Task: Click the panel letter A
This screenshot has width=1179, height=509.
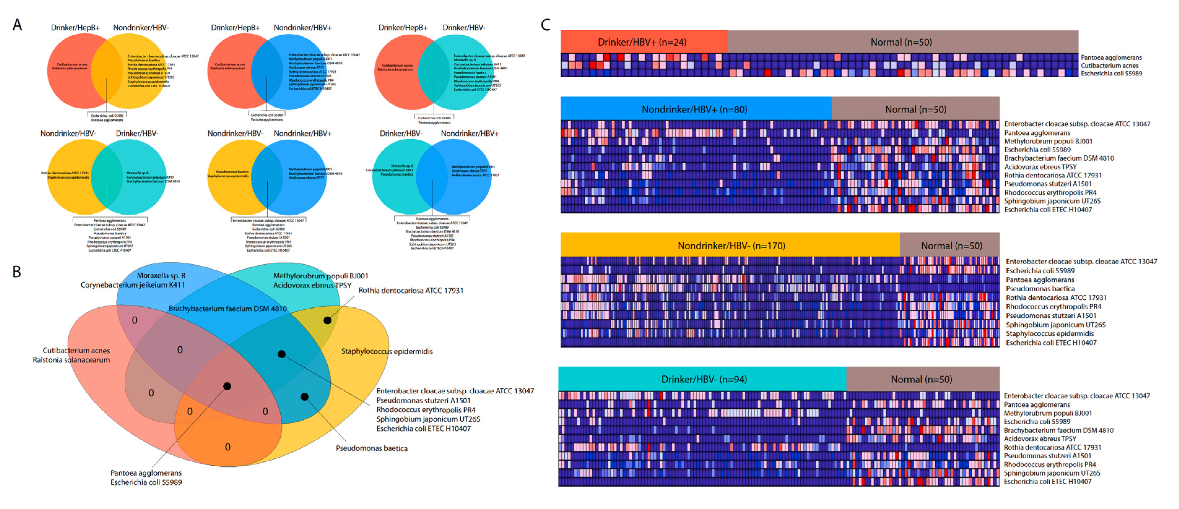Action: tap(17, 25)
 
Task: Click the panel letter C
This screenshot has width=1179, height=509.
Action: tap(545, 25)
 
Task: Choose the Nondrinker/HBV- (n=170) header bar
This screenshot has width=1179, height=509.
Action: tap(731, 246)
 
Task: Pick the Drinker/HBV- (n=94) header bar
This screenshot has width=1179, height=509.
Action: tap(704, 379)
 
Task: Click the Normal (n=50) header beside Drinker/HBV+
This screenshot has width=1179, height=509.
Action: tap(901, 42)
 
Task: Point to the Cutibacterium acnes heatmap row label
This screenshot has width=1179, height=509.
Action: tap(1109, 65)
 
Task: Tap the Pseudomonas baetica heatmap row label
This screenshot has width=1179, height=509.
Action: tap(1040, 289)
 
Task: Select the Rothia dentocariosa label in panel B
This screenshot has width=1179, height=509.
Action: tap(411, 290)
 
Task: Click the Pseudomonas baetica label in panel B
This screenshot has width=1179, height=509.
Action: tap(371, 448)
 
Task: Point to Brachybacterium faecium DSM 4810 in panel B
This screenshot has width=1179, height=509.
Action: tap(227, 309)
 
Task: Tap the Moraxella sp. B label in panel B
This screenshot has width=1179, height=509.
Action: tap(161, 275)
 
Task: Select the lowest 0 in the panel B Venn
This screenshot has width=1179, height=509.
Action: tap(227, 447)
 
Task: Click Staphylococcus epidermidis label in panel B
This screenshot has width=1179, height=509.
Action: tap(387, 351)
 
